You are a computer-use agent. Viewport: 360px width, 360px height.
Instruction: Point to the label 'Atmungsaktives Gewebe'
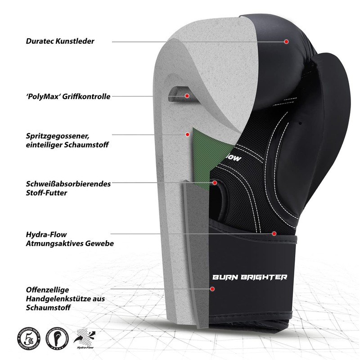[70, 243]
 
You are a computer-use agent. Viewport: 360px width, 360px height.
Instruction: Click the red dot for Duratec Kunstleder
[286, 41]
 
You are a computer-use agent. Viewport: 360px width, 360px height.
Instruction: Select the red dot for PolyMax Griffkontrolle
[187, 95]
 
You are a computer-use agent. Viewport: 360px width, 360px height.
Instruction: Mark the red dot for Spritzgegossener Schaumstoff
[187, 134]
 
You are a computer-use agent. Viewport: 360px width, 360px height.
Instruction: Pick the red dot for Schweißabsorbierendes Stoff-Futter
[215, 183]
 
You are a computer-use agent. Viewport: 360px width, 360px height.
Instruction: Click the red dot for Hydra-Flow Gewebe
[274, 234]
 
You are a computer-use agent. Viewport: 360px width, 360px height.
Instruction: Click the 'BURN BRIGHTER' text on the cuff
[249, 277]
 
